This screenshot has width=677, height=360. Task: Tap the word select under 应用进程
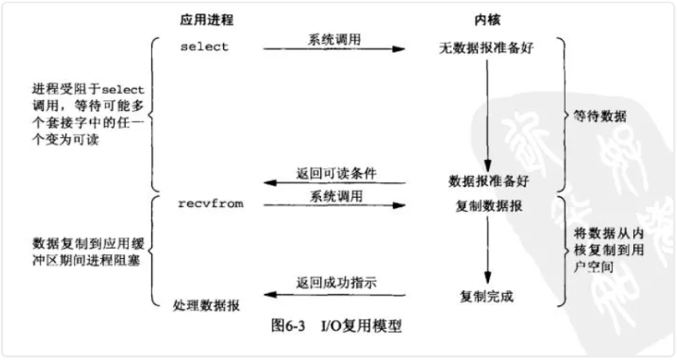[x=204, y=46]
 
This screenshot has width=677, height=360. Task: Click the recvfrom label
[x=210, y=205]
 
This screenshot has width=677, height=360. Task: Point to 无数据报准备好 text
[x=486, y=48]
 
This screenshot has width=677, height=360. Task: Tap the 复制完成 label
[x=487, y=296]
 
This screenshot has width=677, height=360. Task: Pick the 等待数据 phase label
[x=600, y=116]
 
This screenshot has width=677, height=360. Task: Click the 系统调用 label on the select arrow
[x=333, y=38]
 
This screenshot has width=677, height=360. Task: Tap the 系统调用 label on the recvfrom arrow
[x=333, y=195]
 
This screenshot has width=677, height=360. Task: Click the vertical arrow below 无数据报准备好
[x=487, y=112]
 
